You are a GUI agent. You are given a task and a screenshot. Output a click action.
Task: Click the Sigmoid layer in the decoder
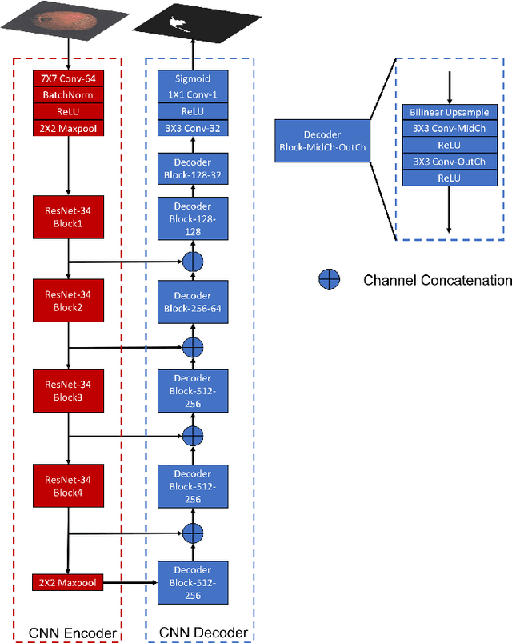click(x=192, y=78)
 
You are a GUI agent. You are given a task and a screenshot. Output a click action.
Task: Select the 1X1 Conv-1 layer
click(x=192, y=94)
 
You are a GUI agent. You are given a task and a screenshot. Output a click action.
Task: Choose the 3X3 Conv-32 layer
click(x=192, y=127)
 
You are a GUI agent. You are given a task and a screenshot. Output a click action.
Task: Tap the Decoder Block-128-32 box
click(x=192, y=167)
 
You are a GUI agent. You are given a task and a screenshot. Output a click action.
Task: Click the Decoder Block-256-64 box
click(x=192, y=302)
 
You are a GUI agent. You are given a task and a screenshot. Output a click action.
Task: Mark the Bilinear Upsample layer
click(x=448, y=112)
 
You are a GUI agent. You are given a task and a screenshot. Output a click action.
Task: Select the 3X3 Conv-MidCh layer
click(x=448, y=129)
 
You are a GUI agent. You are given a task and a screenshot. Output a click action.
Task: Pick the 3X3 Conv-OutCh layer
click(x=448, y=162)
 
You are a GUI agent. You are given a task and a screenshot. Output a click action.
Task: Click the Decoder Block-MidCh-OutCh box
click(x=322, y=141)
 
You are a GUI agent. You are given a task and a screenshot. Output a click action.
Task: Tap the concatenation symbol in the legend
click(x=330, y=279)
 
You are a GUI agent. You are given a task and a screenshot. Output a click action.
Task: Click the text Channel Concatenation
click(x=437, y=280)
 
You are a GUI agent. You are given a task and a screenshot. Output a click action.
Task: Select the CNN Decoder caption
click(x=194, y=633)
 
